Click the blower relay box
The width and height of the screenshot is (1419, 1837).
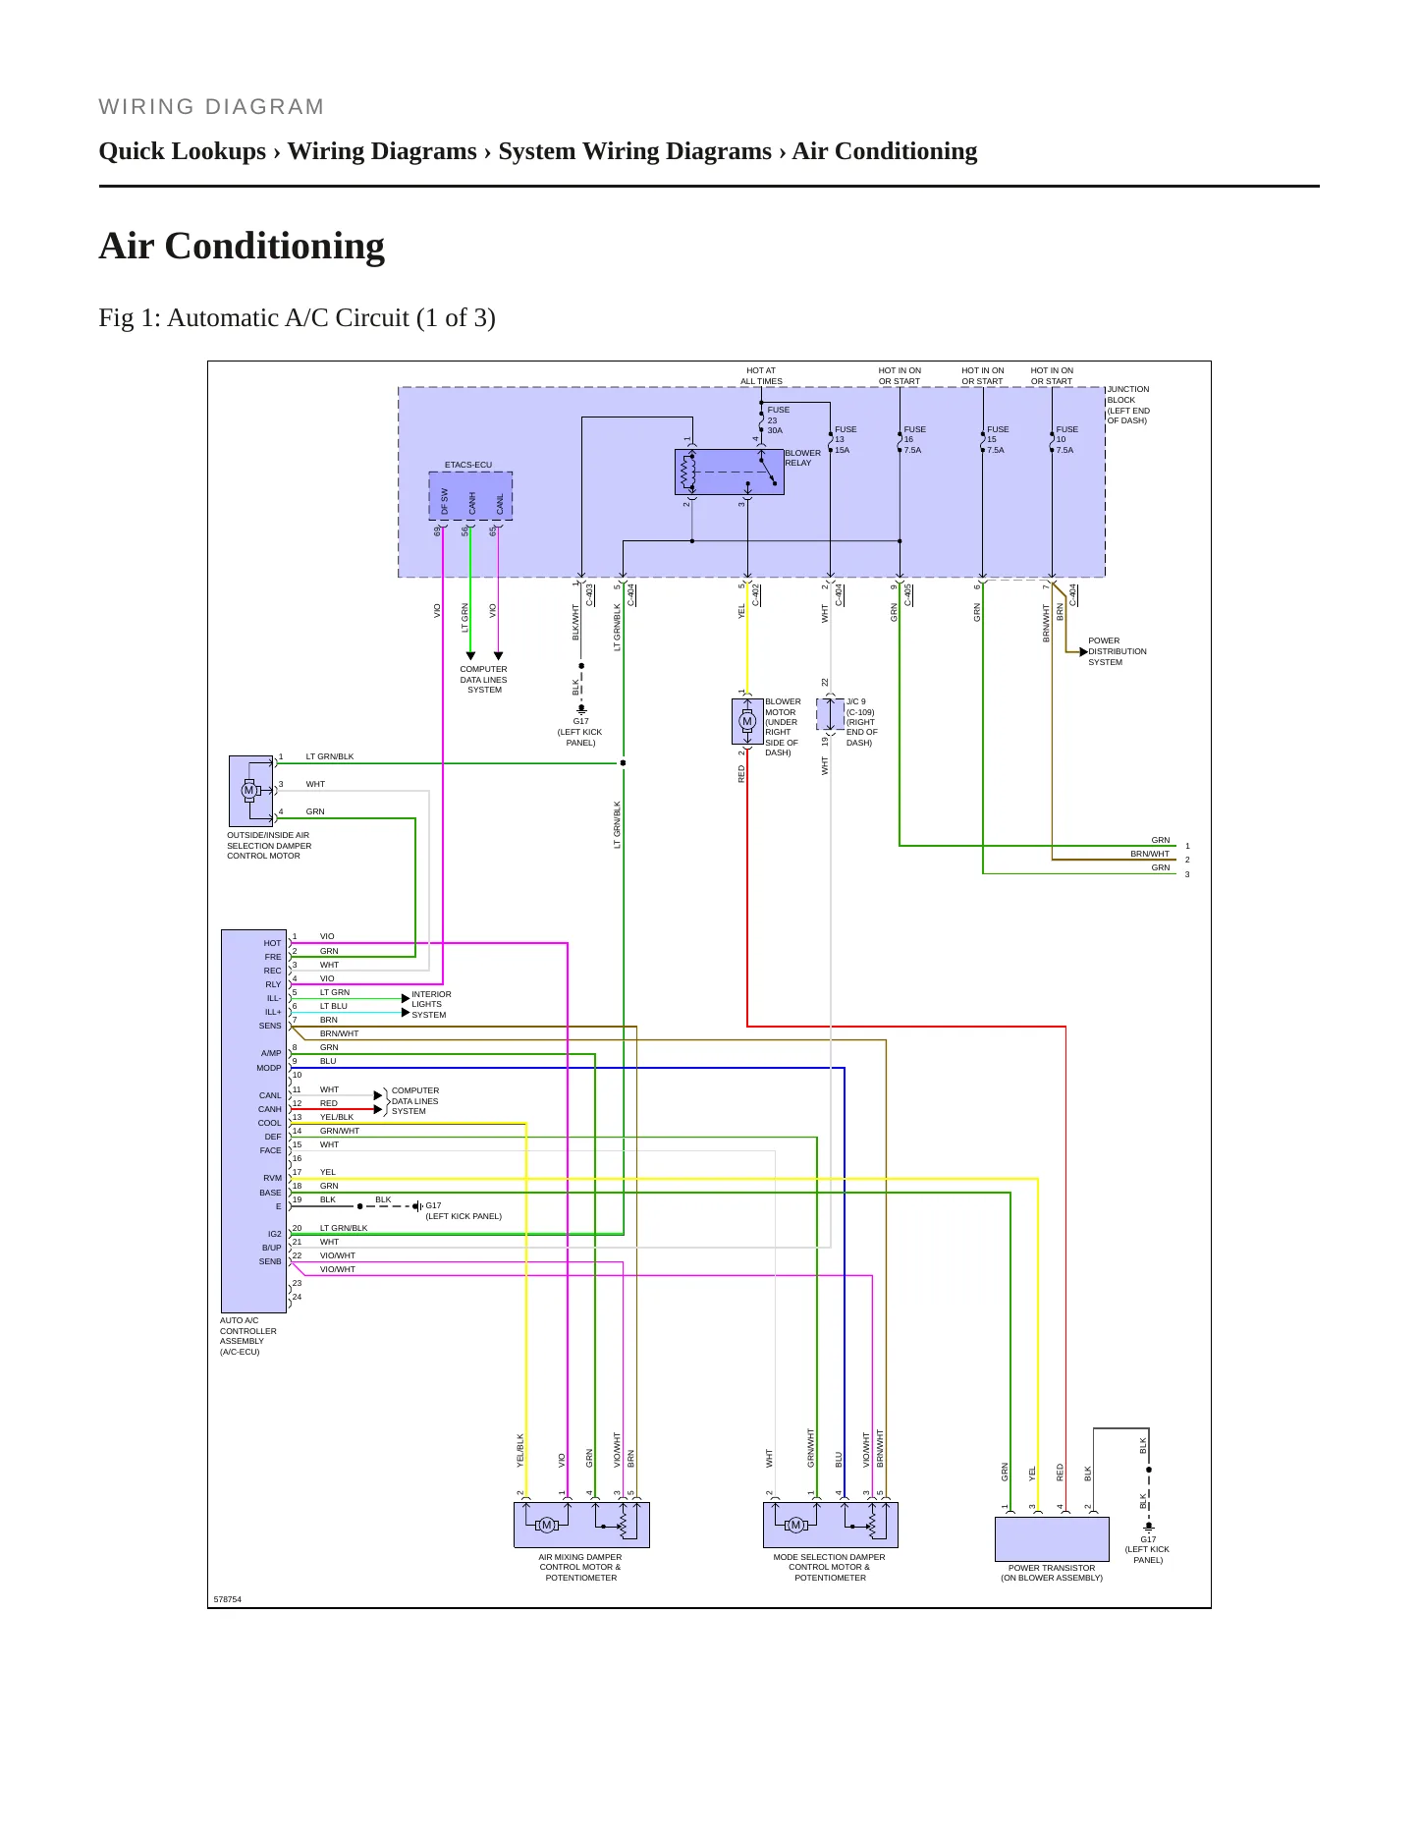[729, 473]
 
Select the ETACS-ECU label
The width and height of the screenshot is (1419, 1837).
[468, 465]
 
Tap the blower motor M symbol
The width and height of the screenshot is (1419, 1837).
[747, 722]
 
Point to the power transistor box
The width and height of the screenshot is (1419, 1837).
[1052, 1539]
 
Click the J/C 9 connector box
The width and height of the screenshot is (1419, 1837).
[831, 714]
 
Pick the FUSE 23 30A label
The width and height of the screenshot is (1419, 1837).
[778, 419]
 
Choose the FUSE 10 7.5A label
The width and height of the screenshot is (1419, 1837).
[1066, 439]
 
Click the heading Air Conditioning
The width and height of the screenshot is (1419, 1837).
[242, 246]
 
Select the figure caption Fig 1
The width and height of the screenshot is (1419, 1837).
[297, 318]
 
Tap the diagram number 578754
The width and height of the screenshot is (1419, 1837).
[227, 1599]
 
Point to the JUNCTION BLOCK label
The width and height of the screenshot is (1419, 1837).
[1128, 405]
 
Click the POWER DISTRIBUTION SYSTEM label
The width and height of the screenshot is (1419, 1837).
[1117, 651]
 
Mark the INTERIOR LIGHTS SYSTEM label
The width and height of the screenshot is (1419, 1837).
[431, 1004]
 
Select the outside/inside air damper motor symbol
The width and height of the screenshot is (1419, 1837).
[248, 790]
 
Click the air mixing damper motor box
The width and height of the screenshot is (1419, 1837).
[581, 1525]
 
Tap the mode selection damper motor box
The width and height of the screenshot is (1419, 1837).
[831, 1525]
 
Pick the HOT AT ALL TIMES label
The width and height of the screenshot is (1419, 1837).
[761, 376]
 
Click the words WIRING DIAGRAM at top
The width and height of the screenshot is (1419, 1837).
[211, 107]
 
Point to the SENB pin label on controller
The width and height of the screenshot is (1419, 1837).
[270, 1261]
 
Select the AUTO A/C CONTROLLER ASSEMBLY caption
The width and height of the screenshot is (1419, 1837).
[247, 1336]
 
